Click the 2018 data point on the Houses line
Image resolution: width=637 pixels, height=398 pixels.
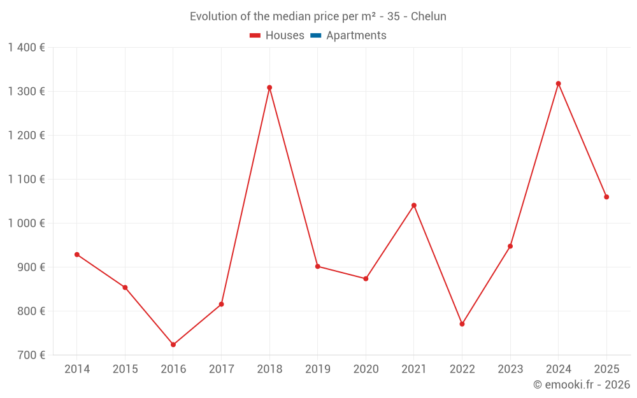tap(269, 87)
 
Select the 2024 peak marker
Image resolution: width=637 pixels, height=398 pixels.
tap(558, 83)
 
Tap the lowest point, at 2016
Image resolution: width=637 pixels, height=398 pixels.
tap(173, 345)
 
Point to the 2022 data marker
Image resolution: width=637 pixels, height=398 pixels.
tap(462, 324)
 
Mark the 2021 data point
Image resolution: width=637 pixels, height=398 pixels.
tap(413, 205)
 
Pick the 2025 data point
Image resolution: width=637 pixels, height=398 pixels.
tap(606, 197)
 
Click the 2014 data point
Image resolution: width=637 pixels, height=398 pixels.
tap(77, 254)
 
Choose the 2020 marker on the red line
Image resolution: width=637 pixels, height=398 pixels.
tap(366, 278)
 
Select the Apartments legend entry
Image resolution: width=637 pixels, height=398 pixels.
tap(356, 36)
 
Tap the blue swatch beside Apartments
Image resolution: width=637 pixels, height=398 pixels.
tap(315, 36)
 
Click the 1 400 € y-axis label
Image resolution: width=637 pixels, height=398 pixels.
tap(26, 47)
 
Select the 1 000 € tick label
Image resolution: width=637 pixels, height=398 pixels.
tap(26, 223)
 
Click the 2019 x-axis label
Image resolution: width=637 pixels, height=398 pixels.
tap(317, 369)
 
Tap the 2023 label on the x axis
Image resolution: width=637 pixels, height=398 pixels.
tap(510, 369)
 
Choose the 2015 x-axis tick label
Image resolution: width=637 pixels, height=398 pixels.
tap(125, 369)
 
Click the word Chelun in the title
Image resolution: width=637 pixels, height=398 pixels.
tap(428, 17)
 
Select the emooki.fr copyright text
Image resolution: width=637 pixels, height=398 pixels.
tap(582, 385)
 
